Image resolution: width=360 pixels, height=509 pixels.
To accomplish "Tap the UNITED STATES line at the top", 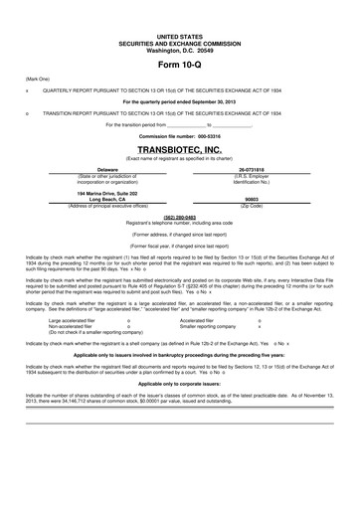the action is pos(180,10).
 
